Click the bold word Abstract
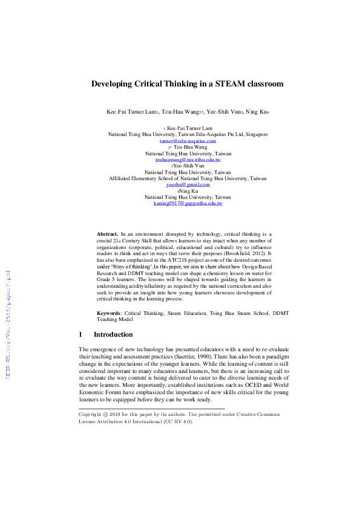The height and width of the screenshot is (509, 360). (x=108, y=233)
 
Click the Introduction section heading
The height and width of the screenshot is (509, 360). (x=117, y=334)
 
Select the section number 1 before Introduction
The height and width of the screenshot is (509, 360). (x=80, y=334)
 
